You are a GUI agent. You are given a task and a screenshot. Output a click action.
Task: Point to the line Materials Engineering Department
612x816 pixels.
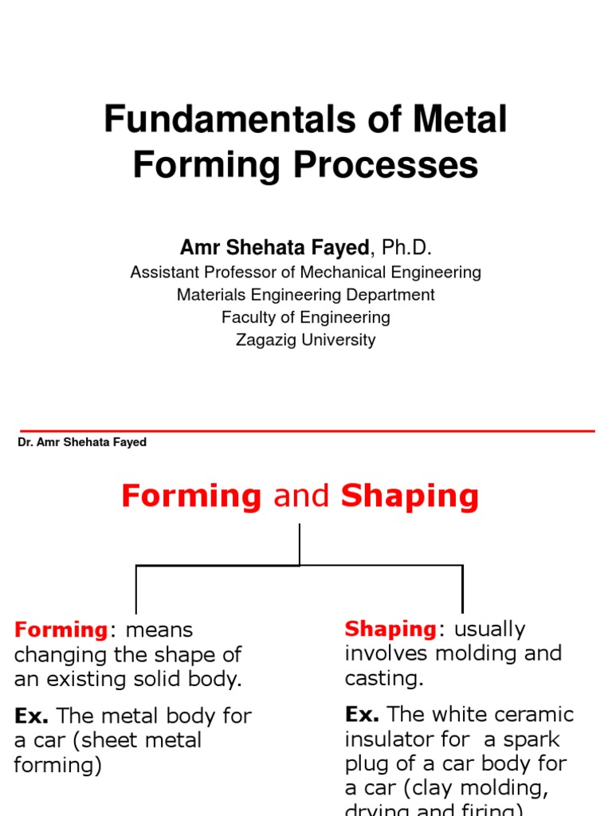[x=306, y=295]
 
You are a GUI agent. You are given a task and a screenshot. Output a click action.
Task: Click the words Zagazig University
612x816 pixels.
[x=306, y=340]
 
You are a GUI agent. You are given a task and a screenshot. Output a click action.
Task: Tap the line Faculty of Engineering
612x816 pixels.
[x=306, y=317]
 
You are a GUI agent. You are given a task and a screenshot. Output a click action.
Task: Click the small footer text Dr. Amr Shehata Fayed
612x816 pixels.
[x=82, y=442]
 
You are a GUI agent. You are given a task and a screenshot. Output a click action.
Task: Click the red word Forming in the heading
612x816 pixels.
[x=191, y=496]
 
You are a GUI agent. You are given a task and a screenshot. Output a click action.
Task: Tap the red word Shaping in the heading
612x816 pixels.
[x=410, y=496]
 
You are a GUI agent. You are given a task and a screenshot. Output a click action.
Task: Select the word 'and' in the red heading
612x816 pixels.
[x=301, y=496]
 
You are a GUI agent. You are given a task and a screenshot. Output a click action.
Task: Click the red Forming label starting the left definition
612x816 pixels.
[x=61, y=630]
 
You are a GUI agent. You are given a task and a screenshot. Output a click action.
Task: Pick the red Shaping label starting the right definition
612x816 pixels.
[x=390, y=630]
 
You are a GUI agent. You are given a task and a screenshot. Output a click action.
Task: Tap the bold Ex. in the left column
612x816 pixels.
[x=32, y=716]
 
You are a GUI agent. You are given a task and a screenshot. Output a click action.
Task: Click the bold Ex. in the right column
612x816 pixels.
[x=362, y=714]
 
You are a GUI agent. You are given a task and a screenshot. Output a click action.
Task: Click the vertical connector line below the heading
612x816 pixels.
[x=300, y=544]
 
